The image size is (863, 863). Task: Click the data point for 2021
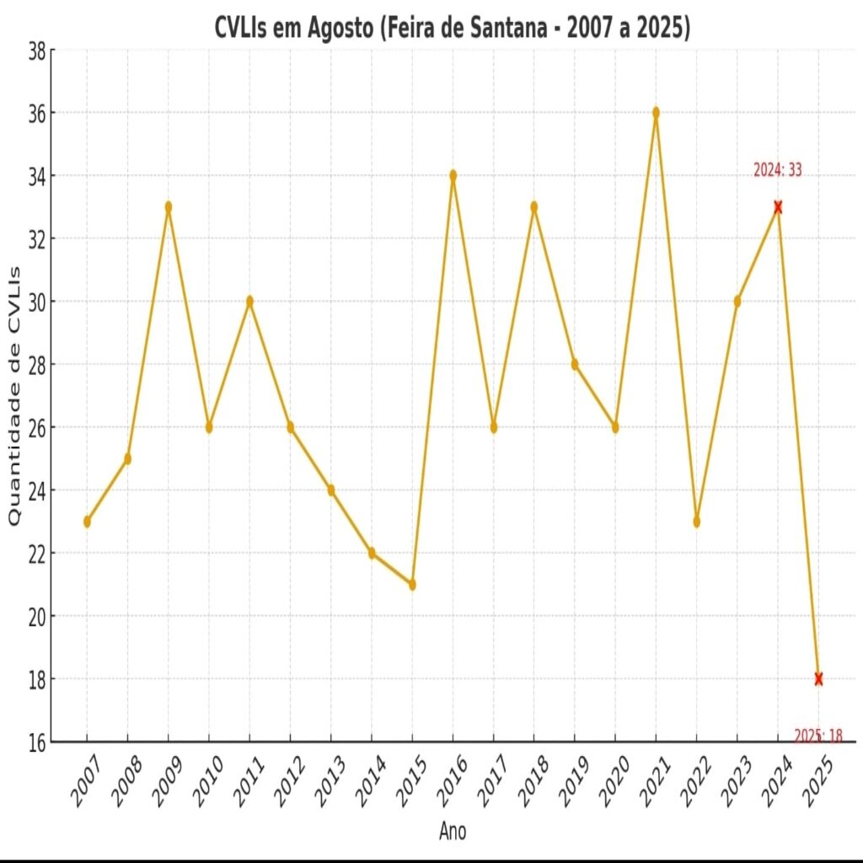(656, 113)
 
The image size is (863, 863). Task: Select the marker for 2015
(412, 584)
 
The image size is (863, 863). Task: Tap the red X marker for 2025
(818, 678)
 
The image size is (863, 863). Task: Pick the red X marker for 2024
(778, 206)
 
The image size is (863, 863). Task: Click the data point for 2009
(169, 206)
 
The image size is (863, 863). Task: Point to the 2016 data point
(453, 175)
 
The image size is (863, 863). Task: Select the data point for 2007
(87, 522)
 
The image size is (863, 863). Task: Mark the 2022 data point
(696, 522)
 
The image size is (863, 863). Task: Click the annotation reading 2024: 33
(777, 170)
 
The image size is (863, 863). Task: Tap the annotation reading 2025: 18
(817, 736)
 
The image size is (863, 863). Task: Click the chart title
(453, 28)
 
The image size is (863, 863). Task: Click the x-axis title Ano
(453, 832)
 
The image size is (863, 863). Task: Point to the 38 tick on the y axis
(36, 51)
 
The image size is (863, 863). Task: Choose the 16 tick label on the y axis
(36, 742)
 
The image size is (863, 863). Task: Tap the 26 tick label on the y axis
(36, 427)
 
